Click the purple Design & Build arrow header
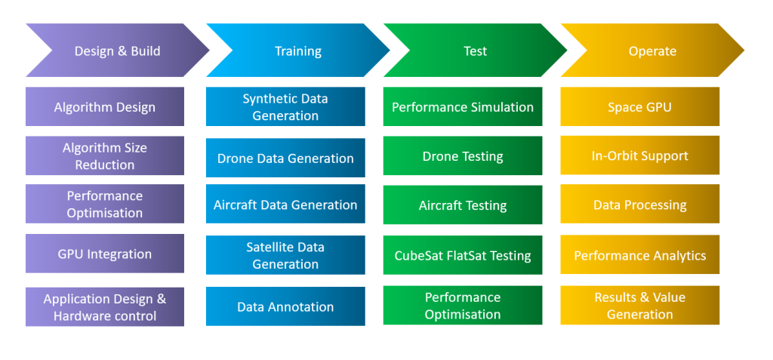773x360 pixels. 117,51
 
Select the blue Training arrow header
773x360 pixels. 297,51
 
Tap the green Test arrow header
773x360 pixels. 475,51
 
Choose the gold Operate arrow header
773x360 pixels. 652,51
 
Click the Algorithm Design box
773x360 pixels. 105,107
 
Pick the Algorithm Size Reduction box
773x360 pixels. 105,156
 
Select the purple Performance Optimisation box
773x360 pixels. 105,205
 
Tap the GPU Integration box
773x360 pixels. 105,254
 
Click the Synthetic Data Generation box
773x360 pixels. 285,107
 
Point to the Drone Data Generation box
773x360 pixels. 285,158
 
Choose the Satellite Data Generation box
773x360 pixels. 285,255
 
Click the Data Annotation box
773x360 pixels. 285,306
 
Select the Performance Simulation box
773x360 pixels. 463,107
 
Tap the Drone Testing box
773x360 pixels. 463,156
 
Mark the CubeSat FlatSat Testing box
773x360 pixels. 463,255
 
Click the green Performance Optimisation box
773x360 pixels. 463,306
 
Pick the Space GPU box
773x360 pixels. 639,107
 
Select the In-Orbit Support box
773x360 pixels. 639,155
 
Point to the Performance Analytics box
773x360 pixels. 639,255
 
